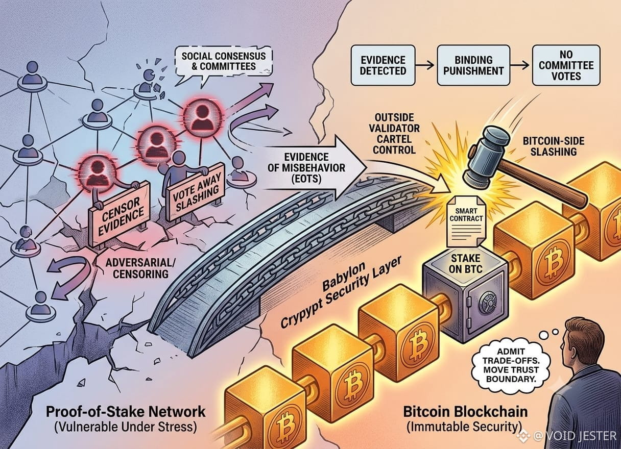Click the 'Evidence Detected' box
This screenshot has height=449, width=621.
tap(383, 65)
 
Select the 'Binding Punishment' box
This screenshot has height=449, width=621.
tap(473, 65)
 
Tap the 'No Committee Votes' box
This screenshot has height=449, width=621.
tap(566, 65)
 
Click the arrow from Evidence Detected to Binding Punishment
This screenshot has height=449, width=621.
tap(426, 65)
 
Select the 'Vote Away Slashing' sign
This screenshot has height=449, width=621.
tap(196, 191)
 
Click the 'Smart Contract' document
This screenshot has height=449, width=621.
tap(466, 221)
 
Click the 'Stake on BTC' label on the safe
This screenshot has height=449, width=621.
tap(466, 263)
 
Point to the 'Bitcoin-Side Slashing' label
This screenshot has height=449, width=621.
tap(554, 146)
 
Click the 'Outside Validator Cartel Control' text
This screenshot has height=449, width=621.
tap(394, 134)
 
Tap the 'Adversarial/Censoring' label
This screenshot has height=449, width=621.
tap(140, 268)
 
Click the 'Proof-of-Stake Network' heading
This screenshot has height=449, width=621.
tap(126, 412)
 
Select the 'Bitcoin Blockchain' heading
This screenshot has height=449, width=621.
tap(465, 412)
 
